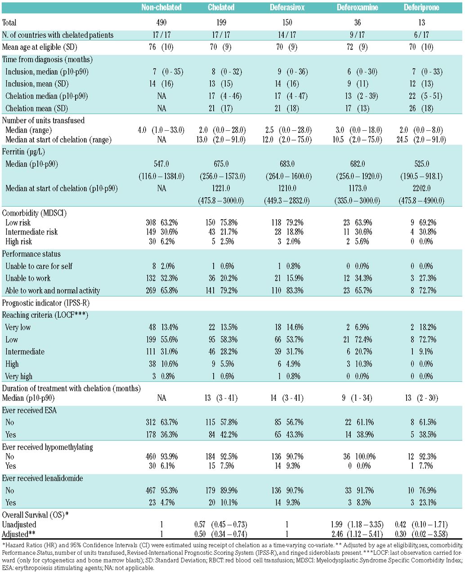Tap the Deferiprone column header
(421, 8)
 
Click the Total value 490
(161, 22)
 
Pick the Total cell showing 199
(221, 22)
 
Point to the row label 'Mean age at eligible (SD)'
(39, 47)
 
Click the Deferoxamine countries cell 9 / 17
(354, 35)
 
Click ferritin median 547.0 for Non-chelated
(161, 164)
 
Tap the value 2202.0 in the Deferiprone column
(421, 189)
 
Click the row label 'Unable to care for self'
(39, 266)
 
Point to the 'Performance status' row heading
(31, 254)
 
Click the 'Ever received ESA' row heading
(30, 410)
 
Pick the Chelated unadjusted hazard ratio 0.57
(199, 525)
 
